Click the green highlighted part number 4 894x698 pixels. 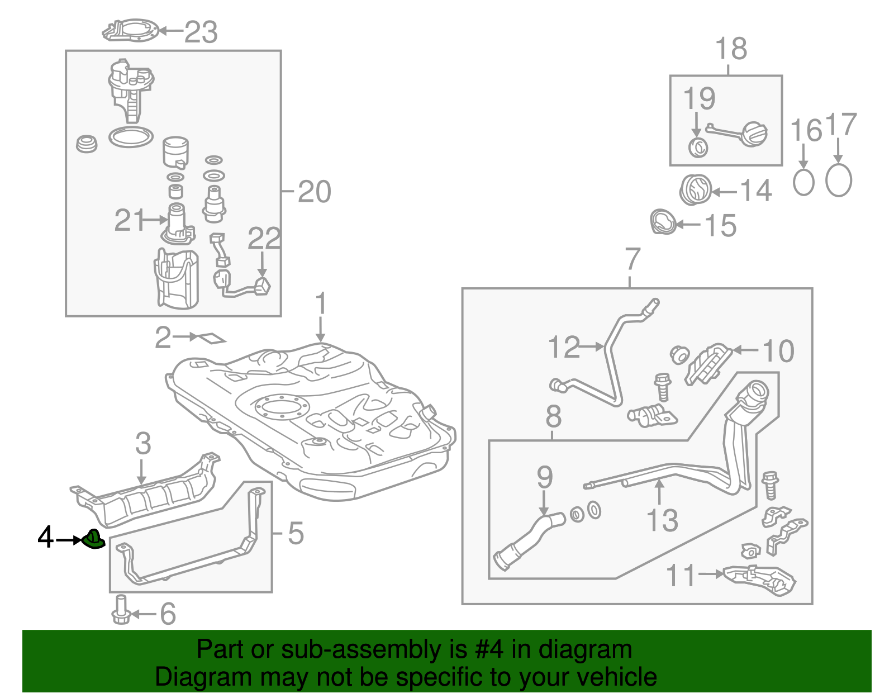click(93, 539)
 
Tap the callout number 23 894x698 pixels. click(201, 32)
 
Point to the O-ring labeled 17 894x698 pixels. click(838, 181)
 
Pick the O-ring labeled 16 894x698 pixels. click(803, 182)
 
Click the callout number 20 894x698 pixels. click(314, 192)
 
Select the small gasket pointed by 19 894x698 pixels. click(698, 148)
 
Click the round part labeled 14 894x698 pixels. click(696, 190)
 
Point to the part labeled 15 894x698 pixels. click(663, 222)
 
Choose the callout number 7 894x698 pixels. click(632, 259)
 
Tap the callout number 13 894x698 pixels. click(662, 520)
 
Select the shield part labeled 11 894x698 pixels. click(760, 579)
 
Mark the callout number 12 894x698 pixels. click(564, 347)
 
